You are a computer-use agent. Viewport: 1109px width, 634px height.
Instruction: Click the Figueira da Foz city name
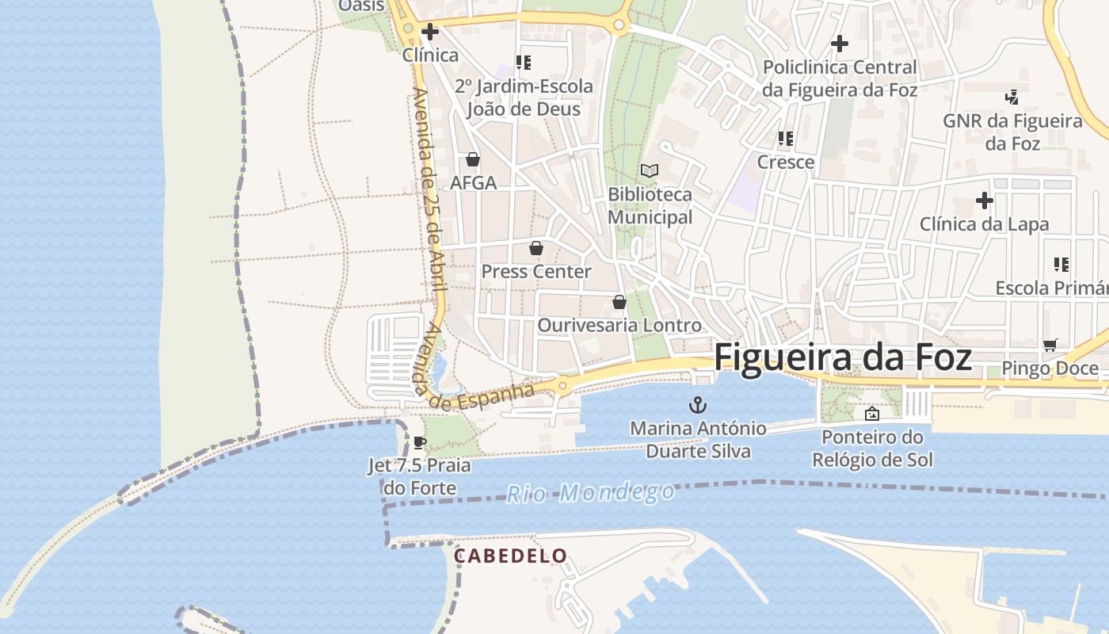pos(843,357)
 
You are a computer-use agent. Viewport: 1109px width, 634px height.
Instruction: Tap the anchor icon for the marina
pos(698,405)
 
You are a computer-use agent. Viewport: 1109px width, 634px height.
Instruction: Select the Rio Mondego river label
pos(591,493)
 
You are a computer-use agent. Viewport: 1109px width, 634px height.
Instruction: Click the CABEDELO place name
pos(510,556)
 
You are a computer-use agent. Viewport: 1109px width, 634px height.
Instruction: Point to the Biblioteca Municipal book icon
pos(650,170)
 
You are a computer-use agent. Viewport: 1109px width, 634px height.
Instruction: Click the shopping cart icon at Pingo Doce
pos(1050,345)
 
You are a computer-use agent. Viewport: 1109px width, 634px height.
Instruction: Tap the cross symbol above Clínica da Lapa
pos(985,201)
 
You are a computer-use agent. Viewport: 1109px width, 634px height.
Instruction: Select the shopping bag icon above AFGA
pos(473,159)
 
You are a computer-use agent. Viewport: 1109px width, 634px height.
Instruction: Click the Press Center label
pos(536,271)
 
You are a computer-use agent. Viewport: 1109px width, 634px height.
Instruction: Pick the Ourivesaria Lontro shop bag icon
pos(619,302)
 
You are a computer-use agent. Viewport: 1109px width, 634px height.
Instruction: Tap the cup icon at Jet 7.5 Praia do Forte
pos(420,442)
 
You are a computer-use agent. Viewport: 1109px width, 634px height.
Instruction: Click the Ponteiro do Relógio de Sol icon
pos(872,413)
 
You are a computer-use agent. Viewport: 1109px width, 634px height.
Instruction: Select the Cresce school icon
pos(786,139)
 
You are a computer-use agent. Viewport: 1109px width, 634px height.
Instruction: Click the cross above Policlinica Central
pos(840,44)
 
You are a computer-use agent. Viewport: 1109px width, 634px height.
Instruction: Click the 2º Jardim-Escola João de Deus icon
pos(524,62)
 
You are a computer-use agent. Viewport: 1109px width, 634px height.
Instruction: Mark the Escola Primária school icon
pos(1061,264)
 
